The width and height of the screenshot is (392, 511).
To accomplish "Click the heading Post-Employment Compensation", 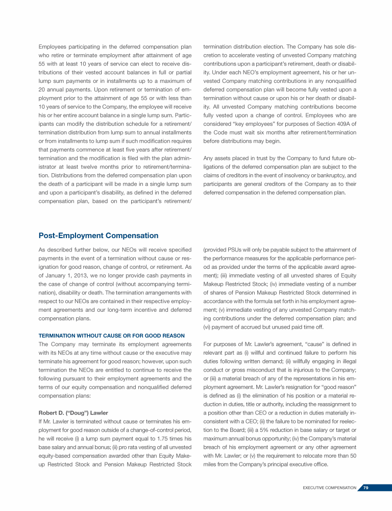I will pos(99,236).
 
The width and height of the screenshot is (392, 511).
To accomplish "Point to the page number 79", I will pos(366,488).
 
